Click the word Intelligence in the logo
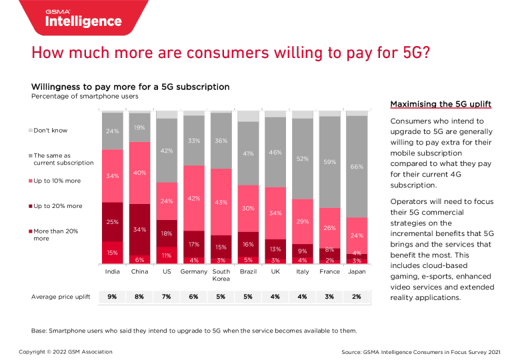[x=83, y=21]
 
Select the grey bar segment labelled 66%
[x=357, y=166]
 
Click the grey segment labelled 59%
[x=329, y=162]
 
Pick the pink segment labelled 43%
[x=221, y=201]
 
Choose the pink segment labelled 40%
[x=139, y=173]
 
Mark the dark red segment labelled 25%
[x=112, y=221]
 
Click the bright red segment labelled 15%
[x=112, y=253]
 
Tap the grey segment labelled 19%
[x=139, y=127]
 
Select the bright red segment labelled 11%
[x=167, y=255]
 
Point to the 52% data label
[x=302, y=159]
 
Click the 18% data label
[x=167, y=233]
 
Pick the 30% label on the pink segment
[x=248, y=208]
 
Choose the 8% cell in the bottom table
[x=139, y=297]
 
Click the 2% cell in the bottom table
[x=357, y=297]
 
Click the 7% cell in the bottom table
[x=167, y=297]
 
